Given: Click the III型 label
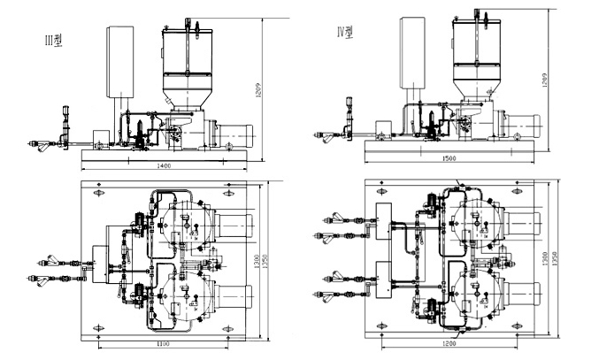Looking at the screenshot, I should point(55,40).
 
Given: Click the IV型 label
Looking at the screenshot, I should point(346,32).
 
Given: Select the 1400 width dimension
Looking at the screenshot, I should point(164,165).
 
